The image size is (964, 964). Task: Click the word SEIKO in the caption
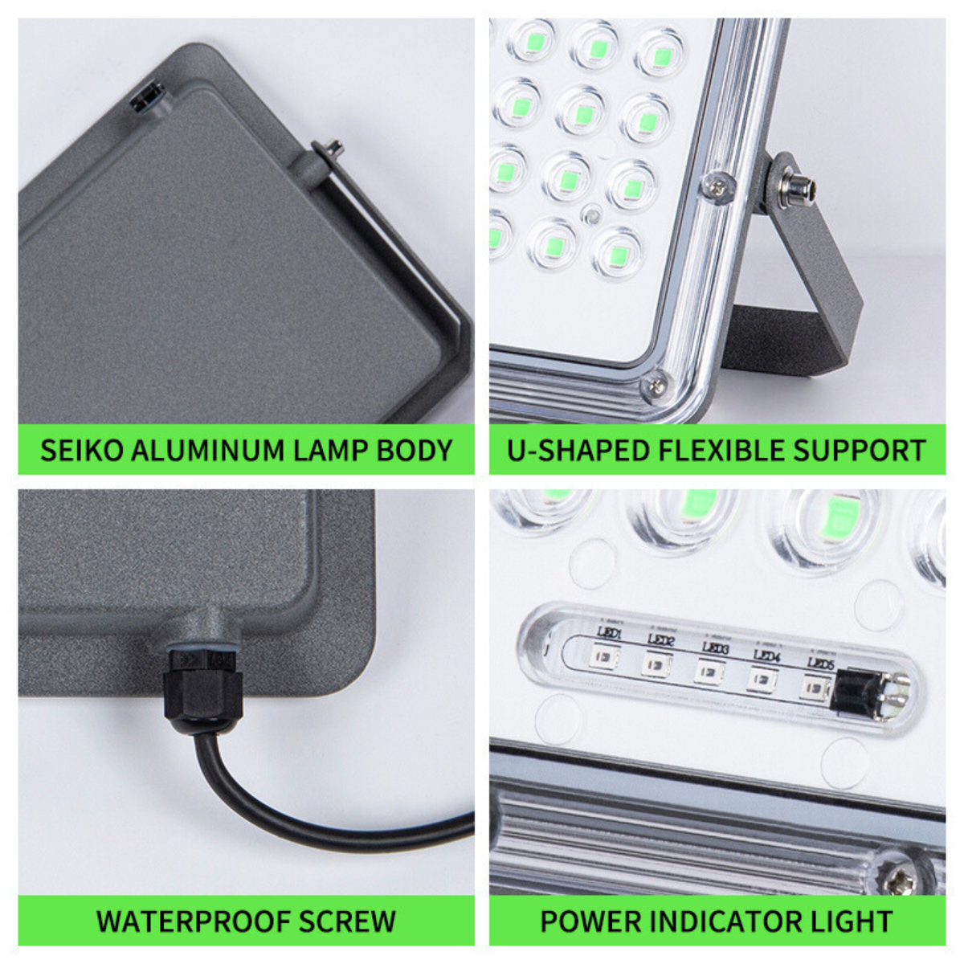81,450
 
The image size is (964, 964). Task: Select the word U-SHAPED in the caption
578,450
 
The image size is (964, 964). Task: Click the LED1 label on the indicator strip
608,635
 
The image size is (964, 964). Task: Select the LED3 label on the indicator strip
715,647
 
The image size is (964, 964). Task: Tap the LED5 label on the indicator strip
820,664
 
